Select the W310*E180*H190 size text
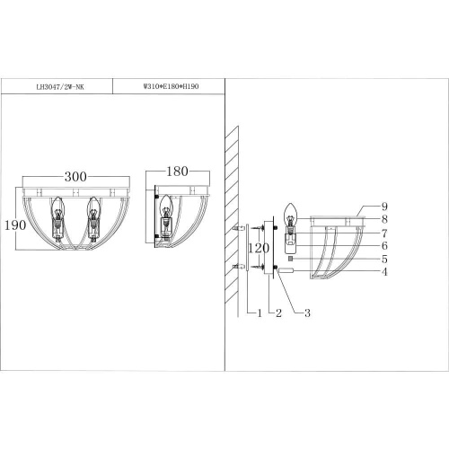coord(169,88)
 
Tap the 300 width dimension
coord(82,177)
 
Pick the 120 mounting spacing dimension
coord(259,247)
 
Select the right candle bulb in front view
coord(92,214)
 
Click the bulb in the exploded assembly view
coord(291,216)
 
